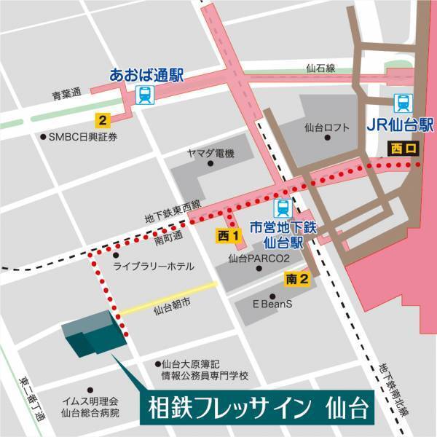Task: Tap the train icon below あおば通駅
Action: click(145, 95)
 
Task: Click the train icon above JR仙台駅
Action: click(401, 102)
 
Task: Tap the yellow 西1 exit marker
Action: click(228, 235)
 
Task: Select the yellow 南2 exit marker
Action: click(297, 278)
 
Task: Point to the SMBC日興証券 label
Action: click(78, 136)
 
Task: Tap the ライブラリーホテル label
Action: click(153, 267)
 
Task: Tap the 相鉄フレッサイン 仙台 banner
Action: click(253, 406)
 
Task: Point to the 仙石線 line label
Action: click(320, 68)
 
